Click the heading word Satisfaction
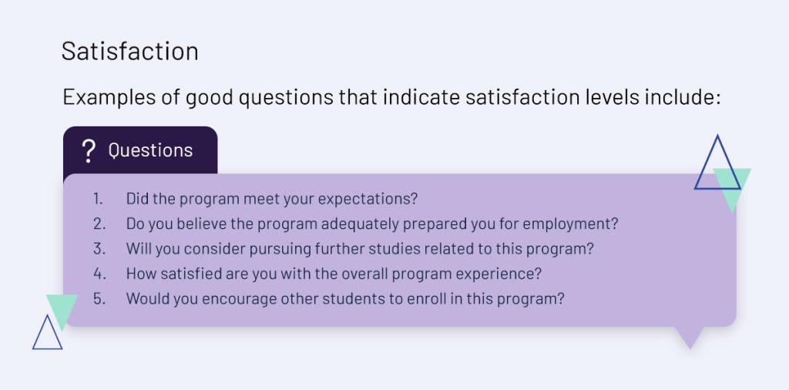pos(129,52)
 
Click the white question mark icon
pos(89,151)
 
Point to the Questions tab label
pos(150,150)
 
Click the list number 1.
pos(98,199)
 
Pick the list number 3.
pos(99,249)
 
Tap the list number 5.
pos(99,299)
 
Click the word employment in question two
pos(570,224)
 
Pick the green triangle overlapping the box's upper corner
pos(732,187)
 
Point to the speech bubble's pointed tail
pos(690,337)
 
